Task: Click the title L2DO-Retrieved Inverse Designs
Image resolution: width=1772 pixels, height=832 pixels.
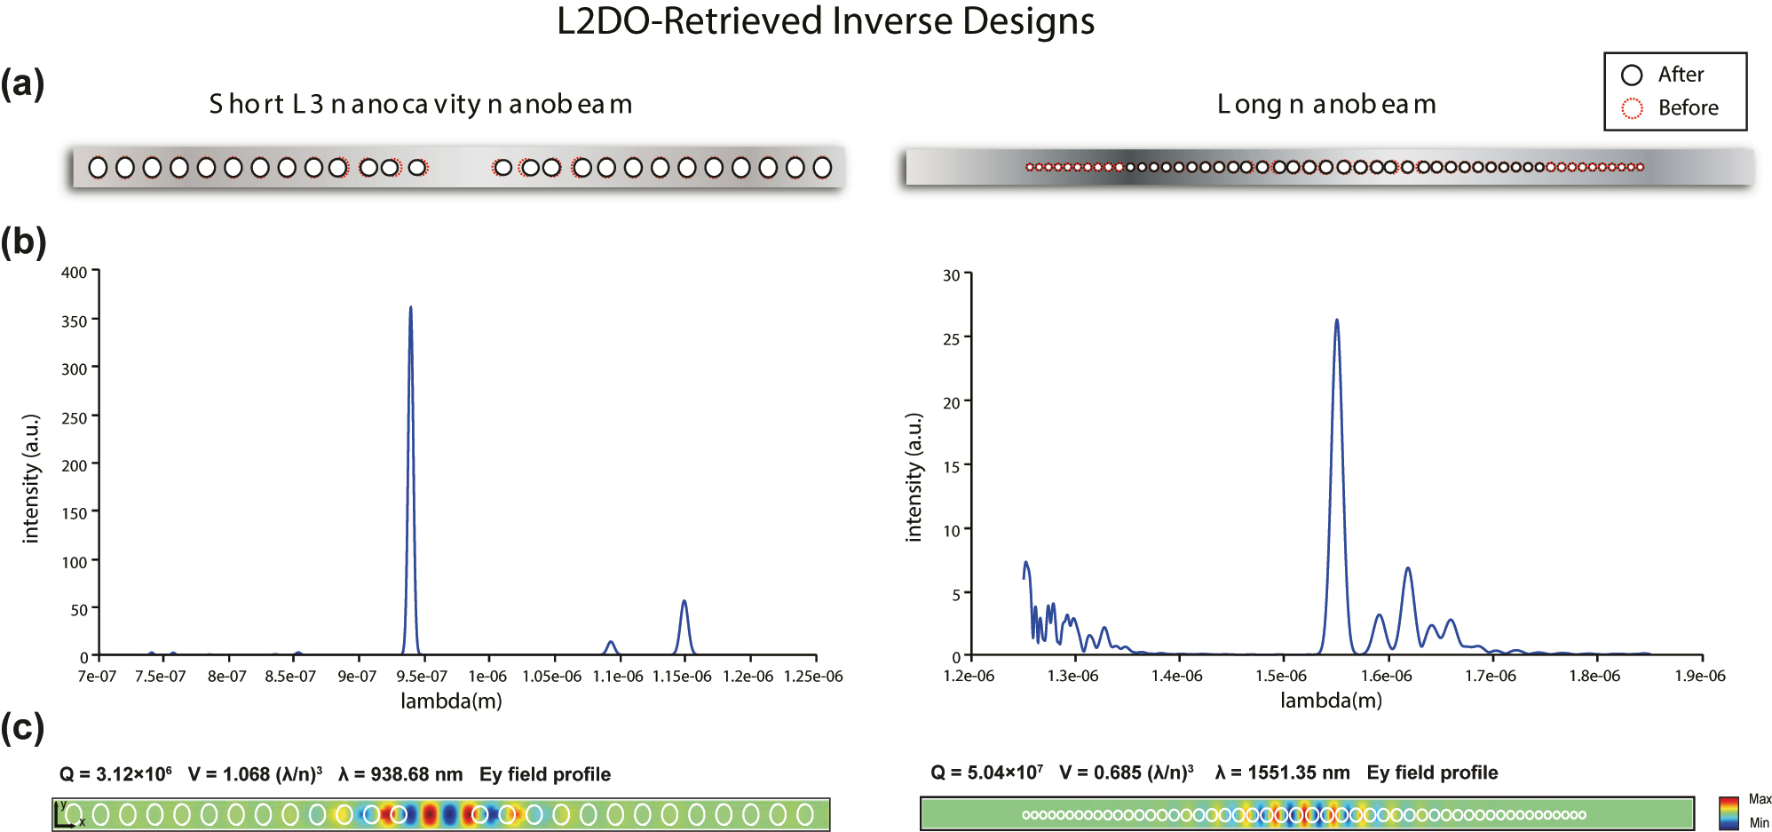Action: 826,21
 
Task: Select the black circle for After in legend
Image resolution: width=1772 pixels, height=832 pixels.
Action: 1632,75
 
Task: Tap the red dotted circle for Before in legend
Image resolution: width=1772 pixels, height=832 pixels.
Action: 1632,108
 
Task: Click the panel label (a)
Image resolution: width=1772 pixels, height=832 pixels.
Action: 22,83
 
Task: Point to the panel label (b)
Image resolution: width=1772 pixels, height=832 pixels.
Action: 23,242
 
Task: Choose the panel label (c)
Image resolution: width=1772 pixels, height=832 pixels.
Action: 22,728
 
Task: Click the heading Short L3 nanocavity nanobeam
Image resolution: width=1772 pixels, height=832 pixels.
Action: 421,105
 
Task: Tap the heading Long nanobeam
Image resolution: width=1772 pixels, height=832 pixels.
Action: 1326,105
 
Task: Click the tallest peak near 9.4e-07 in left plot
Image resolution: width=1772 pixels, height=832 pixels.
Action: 410,309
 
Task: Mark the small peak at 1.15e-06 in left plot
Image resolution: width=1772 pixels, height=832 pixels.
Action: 684,603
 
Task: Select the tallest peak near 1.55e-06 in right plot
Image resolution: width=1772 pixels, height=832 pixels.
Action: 1336,321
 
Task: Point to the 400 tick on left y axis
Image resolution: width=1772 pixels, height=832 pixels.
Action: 75,273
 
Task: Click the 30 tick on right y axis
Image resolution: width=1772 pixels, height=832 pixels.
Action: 952,275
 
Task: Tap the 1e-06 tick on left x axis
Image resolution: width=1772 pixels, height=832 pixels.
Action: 487,677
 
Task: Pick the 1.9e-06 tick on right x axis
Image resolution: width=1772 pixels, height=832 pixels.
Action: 1700,677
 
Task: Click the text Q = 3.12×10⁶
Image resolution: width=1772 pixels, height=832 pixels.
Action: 115,774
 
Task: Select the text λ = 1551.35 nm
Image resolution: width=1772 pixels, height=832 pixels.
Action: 1282,773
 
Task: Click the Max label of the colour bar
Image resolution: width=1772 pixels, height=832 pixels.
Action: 1760,799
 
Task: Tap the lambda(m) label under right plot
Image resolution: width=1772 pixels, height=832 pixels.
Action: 1331,701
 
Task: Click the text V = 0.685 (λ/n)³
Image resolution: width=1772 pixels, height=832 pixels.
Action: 1126,773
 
